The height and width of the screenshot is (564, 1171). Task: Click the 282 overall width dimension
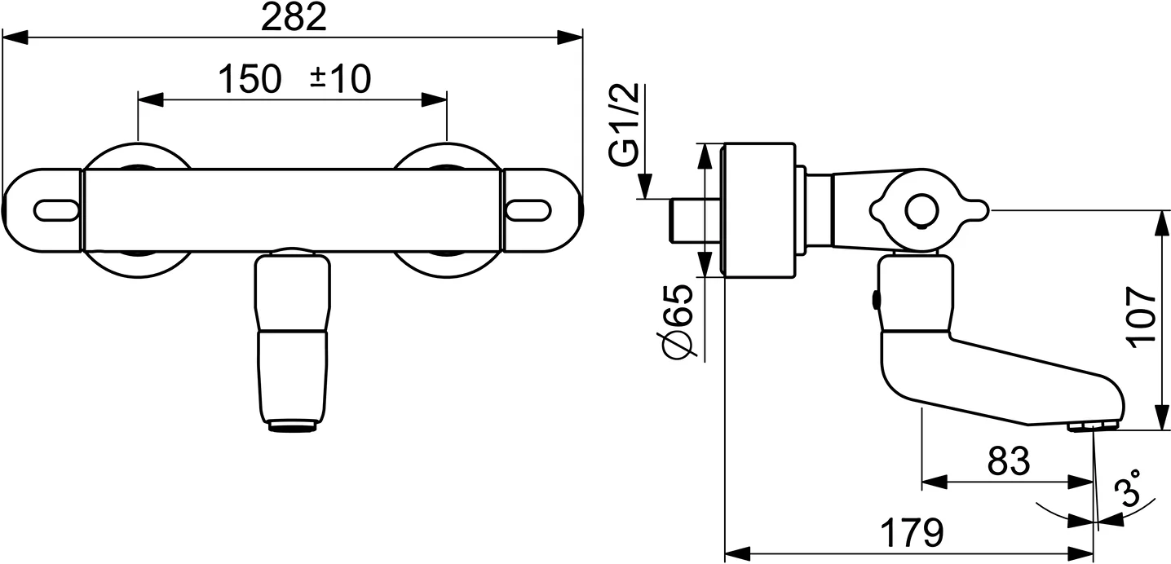coord(294,17)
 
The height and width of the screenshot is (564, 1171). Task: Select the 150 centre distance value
coord(250,79)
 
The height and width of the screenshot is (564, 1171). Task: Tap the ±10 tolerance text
coord(340,79)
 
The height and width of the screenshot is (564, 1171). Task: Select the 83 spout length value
coord(1009,462)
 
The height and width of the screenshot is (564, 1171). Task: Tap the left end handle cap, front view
coord(42,210)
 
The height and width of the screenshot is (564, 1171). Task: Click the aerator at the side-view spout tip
coord(1093,427)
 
